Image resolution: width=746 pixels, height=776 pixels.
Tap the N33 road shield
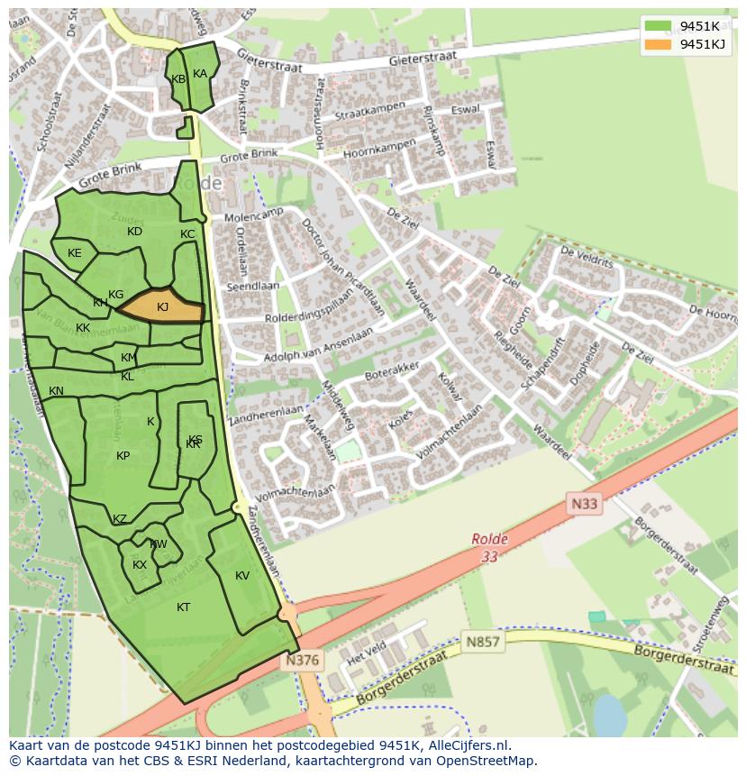pyautogui.click(x=583, y=504)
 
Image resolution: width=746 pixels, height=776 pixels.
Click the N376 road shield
pyautogui.click(x=302, y=661)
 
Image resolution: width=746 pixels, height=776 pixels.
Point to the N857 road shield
pyautogui.click(x=482, y=643)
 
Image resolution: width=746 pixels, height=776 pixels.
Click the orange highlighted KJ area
pyautogui.click(x=162, y=306)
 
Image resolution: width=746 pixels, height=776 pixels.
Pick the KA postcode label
pyautogui.click(x=200, y=74)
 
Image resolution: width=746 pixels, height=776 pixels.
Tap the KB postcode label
pyautogui.click(x=178, y=79)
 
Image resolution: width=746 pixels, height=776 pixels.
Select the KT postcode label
pyautogui.click(x=183, y=607)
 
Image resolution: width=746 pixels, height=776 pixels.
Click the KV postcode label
pyautogui.click(x=242, y=576)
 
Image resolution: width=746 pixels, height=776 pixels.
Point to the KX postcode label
pyautogui.click(x=140, y=565)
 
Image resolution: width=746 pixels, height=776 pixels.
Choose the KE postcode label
pyautogui.click(x=75, y=253)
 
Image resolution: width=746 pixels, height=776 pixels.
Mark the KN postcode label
pyautogui.click(x=56, y=391)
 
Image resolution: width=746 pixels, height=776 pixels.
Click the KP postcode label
pyautogui.click(x=123, y=456)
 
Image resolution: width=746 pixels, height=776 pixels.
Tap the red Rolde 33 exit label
pyautogui.click(x=489, y=548)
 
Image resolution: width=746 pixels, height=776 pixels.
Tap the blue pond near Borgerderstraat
pyautogui.click(x=610, y=716)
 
